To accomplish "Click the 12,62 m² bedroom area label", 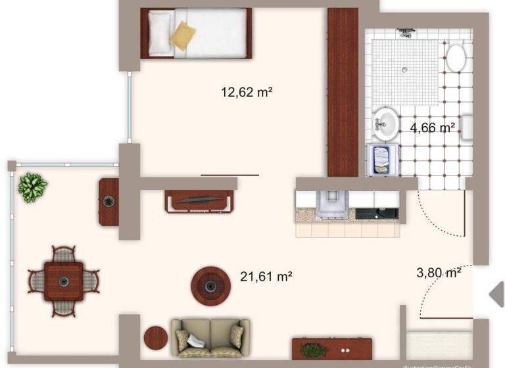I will pos(247,93).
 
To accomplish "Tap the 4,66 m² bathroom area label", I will pos(433,127).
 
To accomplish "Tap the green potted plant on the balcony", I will pos(32,187).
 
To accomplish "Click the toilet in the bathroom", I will pos(455,58).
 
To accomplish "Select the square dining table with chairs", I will pos(64,281).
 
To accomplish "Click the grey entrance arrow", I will pos(497,294).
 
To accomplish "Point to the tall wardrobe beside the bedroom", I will pos(342,92).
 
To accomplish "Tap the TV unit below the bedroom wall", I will pos(200,200).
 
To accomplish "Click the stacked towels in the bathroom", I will pos(381,160).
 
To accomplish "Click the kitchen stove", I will pos(332,203).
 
